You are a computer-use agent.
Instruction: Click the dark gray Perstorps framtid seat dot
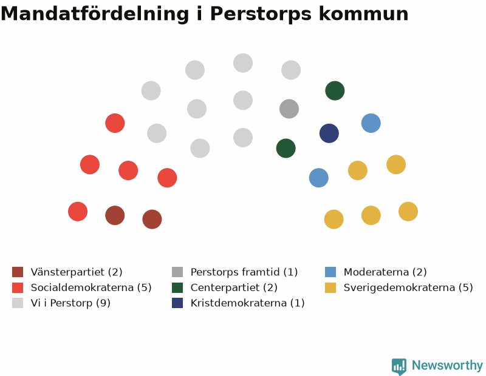(289, 109)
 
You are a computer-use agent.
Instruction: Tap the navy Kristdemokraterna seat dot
(329, 133)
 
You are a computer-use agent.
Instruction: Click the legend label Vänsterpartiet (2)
(77, 272)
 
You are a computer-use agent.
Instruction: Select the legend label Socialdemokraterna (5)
(91, 287)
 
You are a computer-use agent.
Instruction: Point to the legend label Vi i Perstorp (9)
(70, 303)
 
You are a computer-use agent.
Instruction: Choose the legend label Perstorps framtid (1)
(244, 272)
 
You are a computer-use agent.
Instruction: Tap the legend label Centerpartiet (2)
(234, 287)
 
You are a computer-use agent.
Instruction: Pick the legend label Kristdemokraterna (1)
(247, 303)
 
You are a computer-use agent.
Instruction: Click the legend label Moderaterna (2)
(385, 272)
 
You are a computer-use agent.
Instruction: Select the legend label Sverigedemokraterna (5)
(408, 287)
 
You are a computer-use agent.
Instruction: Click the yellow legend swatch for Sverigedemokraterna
(330, 287)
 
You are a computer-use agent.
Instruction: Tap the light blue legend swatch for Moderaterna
(330, 272)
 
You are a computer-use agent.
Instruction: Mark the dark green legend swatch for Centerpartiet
(177, 287)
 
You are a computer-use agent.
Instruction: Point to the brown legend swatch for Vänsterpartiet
(18, 272)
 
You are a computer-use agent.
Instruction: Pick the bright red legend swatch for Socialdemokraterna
(18, 287)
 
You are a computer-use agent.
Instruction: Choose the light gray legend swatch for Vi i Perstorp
(18, 303)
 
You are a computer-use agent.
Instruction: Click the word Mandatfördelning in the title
(95, 13)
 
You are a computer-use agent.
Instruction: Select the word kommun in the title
(363, 13)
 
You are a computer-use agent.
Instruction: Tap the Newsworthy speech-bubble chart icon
(399, 366)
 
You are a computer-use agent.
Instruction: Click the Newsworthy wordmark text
(447, 366)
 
